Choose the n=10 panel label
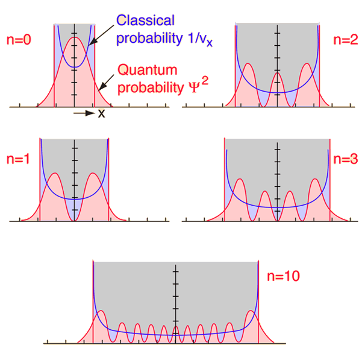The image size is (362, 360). [x=282, y=277]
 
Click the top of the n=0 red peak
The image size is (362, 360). [x=75, y=38]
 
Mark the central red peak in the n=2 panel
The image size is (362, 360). [x=277, y=73]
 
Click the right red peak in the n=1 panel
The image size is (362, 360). [x=93, y=174]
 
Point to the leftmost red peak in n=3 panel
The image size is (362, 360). [x=240, y=179]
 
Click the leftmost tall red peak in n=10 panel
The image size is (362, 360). [x=101, y=312]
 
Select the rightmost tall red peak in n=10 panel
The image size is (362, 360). [x=250, y=312]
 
